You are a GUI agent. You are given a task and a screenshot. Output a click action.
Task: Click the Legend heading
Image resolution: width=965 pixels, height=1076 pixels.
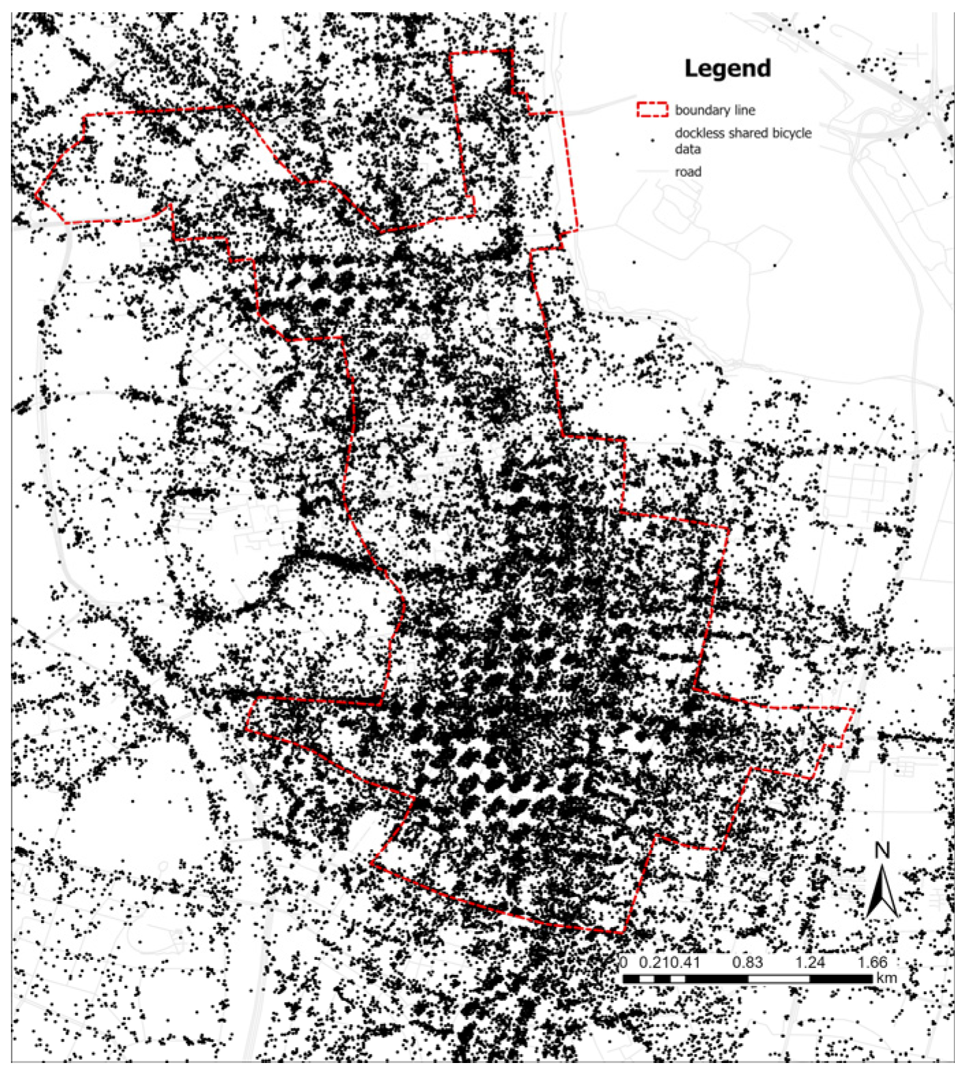727,68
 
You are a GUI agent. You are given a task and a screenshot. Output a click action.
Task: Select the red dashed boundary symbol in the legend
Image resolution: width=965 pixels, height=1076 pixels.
652,109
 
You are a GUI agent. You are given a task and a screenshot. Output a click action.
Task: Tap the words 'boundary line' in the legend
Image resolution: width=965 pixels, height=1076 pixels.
714,110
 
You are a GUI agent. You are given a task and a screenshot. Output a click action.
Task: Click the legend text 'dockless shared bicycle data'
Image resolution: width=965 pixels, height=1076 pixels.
742,141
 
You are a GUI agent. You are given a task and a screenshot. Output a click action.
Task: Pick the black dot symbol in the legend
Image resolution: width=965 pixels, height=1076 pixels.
652,140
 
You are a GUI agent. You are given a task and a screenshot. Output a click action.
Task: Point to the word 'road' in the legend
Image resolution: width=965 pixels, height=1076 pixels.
688,172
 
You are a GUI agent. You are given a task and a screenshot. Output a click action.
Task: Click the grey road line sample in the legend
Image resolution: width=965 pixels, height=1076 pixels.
652,172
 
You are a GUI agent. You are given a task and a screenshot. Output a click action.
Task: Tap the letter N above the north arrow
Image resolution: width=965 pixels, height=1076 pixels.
882,850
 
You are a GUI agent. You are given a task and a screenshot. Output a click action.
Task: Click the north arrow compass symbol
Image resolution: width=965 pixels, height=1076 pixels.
882,892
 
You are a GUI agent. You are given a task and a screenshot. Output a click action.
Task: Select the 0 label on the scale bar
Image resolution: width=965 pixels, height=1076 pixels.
624,963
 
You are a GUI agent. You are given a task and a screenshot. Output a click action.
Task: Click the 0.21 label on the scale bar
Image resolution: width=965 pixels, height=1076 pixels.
652,963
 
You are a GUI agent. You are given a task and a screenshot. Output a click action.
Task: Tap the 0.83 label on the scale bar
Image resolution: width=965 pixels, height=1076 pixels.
747,963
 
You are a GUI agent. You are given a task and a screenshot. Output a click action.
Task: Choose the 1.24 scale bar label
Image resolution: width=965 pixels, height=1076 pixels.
810,963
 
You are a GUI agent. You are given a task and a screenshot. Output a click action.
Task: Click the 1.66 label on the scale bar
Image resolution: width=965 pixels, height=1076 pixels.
872,963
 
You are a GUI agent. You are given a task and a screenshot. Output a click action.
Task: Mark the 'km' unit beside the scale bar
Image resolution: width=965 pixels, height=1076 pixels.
886,978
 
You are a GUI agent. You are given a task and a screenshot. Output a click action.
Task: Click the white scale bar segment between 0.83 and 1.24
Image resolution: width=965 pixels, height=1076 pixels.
779,979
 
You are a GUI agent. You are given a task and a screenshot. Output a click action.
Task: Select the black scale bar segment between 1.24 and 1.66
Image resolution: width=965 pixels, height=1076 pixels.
841,979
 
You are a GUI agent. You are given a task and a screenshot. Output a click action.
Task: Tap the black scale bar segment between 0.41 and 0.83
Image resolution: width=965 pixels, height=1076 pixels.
716,979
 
